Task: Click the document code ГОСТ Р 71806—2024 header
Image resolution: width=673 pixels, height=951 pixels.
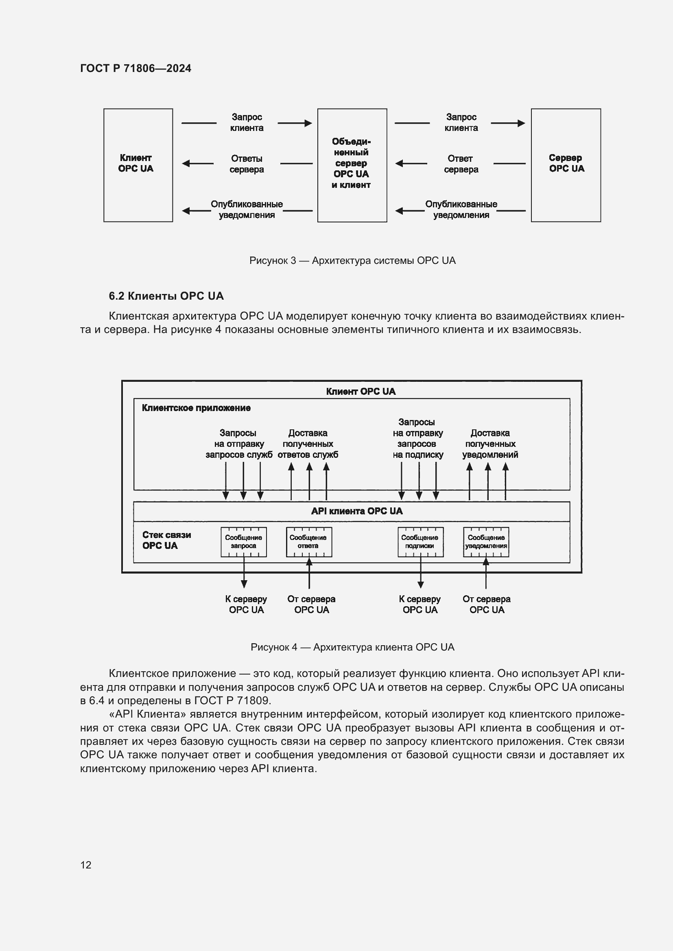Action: [135, 68]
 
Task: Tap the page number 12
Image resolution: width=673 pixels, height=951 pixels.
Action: [86, 864]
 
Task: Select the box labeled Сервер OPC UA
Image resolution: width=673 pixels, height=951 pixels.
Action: [566, 165]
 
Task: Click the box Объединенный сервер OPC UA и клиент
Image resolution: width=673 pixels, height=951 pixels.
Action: [352, 165]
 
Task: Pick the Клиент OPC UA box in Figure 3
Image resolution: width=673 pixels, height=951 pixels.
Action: [138, 165]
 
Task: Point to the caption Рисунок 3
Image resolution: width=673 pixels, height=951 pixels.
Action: [352, 261]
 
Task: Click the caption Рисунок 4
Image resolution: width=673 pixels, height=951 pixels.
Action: [352, 647]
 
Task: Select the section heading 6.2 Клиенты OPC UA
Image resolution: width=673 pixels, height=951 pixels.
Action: [166, 296]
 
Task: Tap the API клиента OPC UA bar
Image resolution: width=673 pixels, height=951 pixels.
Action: [356, 511]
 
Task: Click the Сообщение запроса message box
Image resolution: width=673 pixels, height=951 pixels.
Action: [244, 542]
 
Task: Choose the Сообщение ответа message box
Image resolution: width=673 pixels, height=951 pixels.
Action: [309, 542]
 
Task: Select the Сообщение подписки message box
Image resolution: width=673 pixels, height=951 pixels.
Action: [420, 542]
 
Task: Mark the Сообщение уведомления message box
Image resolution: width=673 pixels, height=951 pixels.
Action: [486, 542]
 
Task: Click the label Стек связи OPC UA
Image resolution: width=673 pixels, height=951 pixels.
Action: [166, 540]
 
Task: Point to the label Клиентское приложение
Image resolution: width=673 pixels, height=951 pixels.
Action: [196, 408]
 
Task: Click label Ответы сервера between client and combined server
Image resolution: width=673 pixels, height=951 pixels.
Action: [247, 164]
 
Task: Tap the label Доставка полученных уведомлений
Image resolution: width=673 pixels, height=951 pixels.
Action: [490, 444]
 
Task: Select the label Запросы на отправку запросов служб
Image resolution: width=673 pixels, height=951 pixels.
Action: [239, 444]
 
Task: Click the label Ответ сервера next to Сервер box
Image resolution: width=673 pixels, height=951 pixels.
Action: [461, 164]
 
